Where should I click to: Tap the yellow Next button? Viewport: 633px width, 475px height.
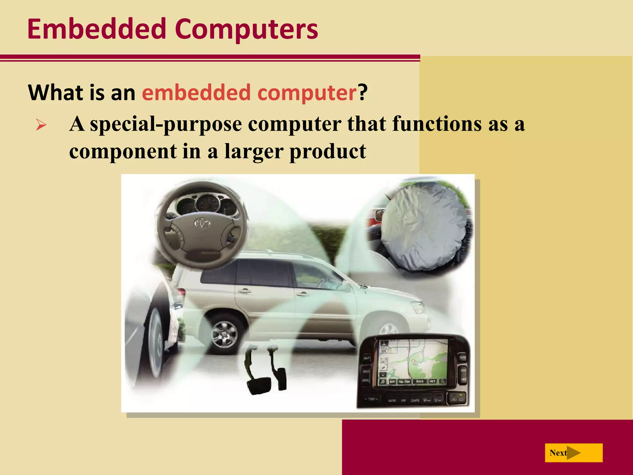(x=573, y=453)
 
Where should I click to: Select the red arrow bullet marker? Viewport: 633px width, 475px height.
(x=41, y=125)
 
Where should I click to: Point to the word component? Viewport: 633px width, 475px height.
(x=123, y=151)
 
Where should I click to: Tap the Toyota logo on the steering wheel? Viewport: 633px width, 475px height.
(x=202, y=222)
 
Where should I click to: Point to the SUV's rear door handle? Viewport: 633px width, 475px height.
(x=244, y=291)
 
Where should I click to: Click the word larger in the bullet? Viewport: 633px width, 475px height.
(x=253, y=151)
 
